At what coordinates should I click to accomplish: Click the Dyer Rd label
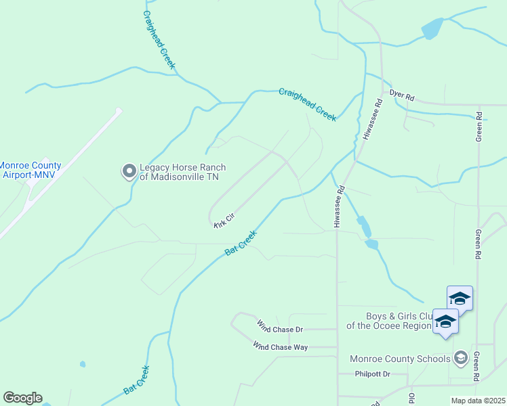coord(401,96)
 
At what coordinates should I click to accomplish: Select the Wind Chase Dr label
coord(279,328)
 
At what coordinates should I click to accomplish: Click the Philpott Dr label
coord(373,374)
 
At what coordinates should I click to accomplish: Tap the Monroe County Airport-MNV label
coord(31,170)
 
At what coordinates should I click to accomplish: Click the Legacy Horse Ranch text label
coord(182,173)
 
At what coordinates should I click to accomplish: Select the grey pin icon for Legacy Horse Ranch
coord(128,171)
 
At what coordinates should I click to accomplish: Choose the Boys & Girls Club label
coord(389,320)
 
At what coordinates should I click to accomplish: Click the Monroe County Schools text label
coord(399,359)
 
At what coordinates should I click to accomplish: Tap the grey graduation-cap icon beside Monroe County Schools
coord(461,357)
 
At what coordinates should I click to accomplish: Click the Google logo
coord(22,398)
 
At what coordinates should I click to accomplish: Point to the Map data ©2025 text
coord(478,401)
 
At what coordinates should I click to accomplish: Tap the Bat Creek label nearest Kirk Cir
coord(241,242)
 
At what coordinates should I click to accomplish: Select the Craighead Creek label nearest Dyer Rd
coord(308,104)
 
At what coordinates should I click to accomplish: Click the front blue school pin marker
coord(445,322)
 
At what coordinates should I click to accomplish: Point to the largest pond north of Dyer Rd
coord(431,29)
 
